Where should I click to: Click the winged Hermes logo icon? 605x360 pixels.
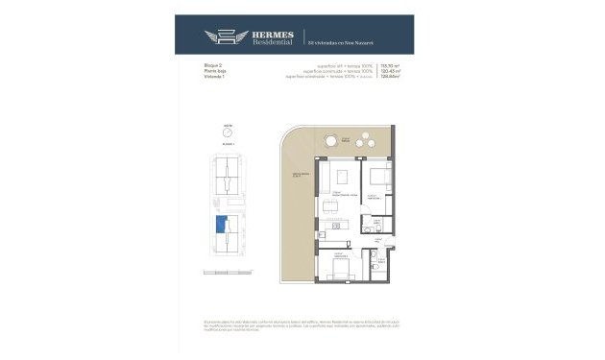(x=222, y=37)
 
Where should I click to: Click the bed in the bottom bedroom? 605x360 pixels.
(x=339, y=274)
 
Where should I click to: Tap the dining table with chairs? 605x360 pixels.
(x=333, y=208)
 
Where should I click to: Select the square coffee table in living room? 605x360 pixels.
(x=343, y=177)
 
